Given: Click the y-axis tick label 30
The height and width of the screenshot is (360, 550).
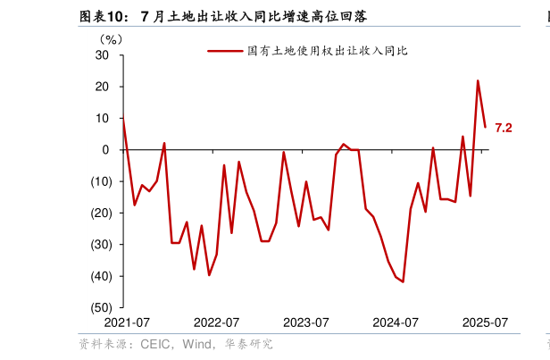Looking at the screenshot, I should [103, 55].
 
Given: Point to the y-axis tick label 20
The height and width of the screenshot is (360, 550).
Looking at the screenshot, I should [103, 87].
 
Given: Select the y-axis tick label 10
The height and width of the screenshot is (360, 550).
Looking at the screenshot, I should [103, 118].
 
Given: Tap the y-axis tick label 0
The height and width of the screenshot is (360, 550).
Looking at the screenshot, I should [106, 150].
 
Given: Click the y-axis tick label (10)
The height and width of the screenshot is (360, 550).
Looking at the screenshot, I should [98, 181].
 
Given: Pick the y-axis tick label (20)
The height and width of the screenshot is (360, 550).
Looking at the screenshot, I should [98, 213].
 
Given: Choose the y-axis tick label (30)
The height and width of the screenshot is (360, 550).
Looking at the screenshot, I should [98, 244].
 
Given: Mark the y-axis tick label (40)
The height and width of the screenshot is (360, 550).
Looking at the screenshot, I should [98, 276].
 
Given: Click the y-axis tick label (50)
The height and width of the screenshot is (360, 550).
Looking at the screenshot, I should [98, 307].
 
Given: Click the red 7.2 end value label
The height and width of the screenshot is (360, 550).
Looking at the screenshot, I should [504, 129].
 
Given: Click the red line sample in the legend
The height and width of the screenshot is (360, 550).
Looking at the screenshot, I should [225, 51].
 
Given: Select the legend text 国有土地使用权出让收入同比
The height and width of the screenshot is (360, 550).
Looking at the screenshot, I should [327, 51].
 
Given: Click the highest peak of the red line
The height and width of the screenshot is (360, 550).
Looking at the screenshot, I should [478, 80].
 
